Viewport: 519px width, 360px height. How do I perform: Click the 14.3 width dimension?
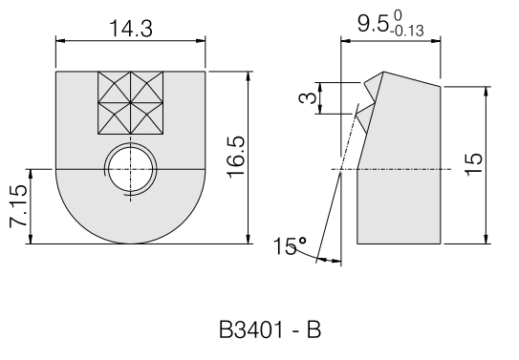pos(131,28)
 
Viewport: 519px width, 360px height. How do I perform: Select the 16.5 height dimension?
pos(236,157)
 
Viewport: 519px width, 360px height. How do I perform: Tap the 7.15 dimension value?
pos(18,206)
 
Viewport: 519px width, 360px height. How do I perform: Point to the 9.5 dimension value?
pos(373,24)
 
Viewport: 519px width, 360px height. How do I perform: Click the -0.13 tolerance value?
pos(407,32)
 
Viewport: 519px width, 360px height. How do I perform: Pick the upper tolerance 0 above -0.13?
pos(398,15)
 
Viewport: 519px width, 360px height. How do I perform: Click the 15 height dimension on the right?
pos(474,164)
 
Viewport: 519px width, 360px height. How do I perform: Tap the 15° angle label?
pos(290,246)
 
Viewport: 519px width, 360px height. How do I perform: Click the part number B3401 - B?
pos(270,329)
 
